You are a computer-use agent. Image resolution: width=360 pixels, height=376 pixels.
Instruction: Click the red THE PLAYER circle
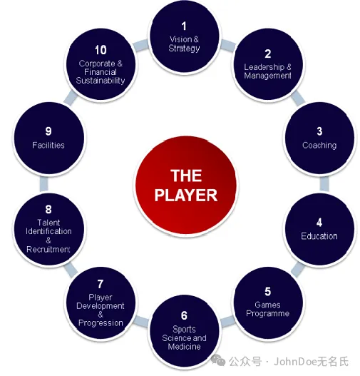(185, 186)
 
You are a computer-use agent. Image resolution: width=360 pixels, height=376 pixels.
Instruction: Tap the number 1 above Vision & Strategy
(184, 26)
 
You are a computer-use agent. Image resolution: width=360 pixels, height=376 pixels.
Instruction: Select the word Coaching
(319, 146)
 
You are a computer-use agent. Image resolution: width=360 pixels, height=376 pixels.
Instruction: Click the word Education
(319, 236)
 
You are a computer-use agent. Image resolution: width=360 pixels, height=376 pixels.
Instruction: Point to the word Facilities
(48, 145)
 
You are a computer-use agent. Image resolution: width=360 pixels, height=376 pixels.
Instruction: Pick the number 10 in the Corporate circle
(101, 50)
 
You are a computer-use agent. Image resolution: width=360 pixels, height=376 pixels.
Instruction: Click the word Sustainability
(101, 81)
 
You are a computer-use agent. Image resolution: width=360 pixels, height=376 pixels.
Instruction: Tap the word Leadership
(264, 67)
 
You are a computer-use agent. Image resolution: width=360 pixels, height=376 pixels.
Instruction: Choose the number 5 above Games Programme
(268, 292)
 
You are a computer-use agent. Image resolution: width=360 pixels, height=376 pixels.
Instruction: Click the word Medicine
(184, 347)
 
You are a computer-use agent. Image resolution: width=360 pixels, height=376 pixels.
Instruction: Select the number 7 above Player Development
(101, 284)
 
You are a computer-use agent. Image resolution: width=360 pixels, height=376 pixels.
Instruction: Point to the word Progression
(101, 323)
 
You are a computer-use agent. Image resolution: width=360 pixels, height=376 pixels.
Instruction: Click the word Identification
(48, 231)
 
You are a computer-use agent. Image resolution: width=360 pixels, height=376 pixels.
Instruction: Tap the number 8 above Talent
(48, 209)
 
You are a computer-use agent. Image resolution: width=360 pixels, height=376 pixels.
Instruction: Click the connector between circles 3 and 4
(324, 184)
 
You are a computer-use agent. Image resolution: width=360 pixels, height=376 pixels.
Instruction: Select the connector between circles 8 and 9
(43, 184)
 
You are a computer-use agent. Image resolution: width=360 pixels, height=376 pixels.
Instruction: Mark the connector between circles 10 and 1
(141, 45)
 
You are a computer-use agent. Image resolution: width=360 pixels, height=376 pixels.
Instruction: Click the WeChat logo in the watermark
(217, 360)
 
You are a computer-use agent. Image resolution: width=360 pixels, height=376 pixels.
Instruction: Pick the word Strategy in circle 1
(184, 49)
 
